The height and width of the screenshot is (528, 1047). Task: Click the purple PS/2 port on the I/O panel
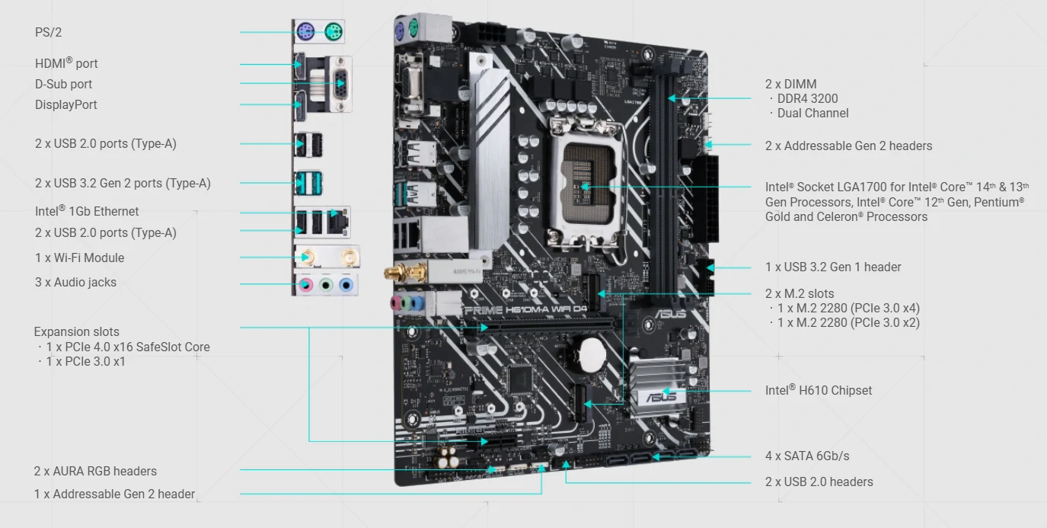(x=305, y=32)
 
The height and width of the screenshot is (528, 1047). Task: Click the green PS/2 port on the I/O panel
(x=334, y=32)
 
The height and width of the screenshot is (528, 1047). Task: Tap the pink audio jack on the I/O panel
(x=305, y=284)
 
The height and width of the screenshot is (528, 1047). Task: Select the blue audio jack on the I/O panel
(x=346, y=284)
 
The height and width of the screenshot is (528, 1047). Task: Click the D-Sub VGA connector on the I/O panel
(x=340, y=84)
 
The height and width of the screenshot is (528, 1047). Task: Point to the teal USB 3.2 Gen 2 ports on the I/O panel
(x=308, y=183)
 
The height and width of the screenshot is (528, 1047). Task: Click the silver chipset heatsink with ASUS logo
(x=660, y=386)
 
